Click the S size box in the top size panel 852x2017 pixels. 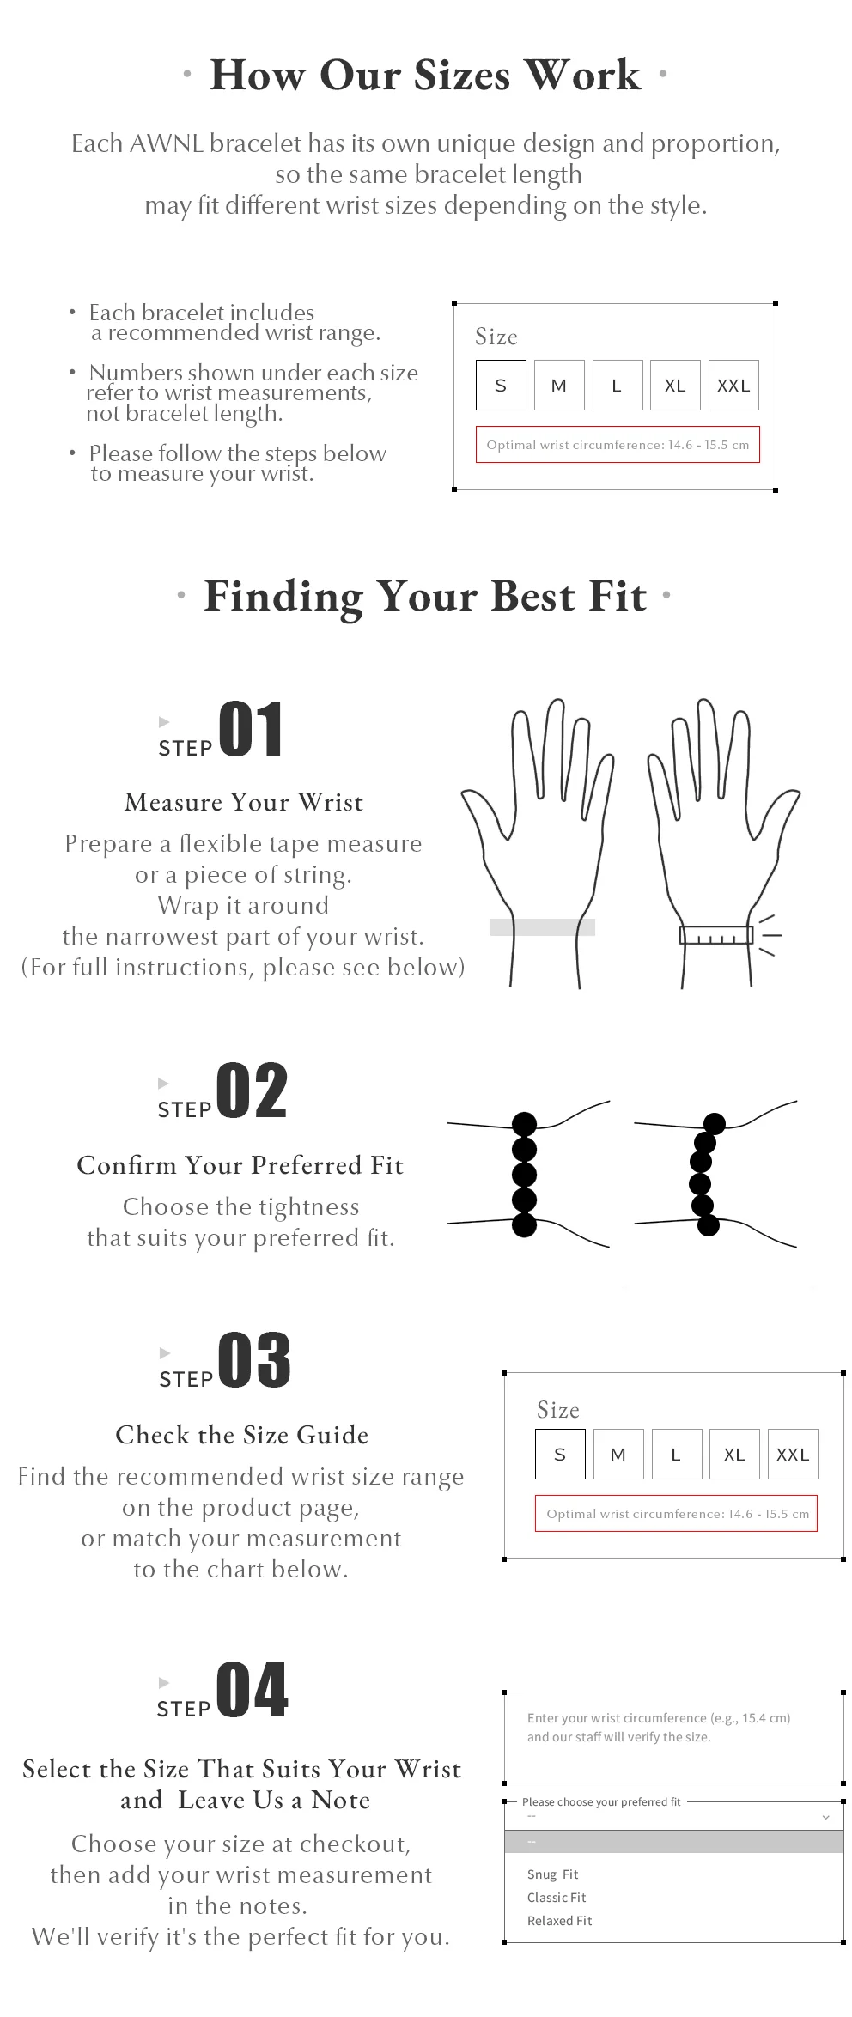pyautogui.click(x=501, y=386)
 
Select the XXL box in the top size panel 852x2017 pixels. pyautogui.click(x=733, y=386)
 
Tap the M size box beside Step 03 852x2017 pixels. pyautogui.click(x=618, y=1454)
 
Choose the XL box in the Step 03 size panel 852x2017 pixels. pyautogui.click(x=734, y=1454)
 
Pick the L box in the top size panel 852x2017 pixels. pyautogui.click(x=618, y=386)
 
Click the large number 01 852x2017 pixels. pyautogui.click(x=251, y=729)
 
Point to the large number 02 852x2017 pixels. pyautogui.click(x=252, y=1091)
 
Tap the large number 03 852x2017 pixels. pyautogui.click(x=254, y=1360)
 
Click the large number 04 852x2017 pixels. pyautogui.click(x=253, y=1689)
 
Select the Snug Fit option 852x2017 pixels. pyautogui.click(x=553, y=1874)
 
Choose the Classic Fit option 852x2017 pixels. pyautogui.click(x=557, y=1898)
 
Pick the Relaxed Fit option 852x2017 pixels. pyautogui.click(x=560, y=1921)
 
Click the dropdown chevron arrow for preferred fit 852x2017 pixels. pyautogui.click(x=825, y=1818)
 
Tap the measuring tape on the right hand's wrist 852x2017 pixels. pyautogui.click(x=716, y=935)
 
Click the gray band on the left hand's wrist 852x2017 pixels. pyautogui.click(x=543, y=926)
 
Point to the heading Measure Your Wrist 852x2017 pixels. pyautogui.click(x=244, y=802)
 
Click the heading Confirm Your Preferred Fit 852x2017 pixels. pyautogui.click(x=240, y=1165)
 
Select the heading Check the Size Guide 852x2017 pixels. pyautogui.click(x=242, y=1435)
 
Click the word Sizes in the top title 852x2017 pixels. pyautogui.click(x=462, y=76)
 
